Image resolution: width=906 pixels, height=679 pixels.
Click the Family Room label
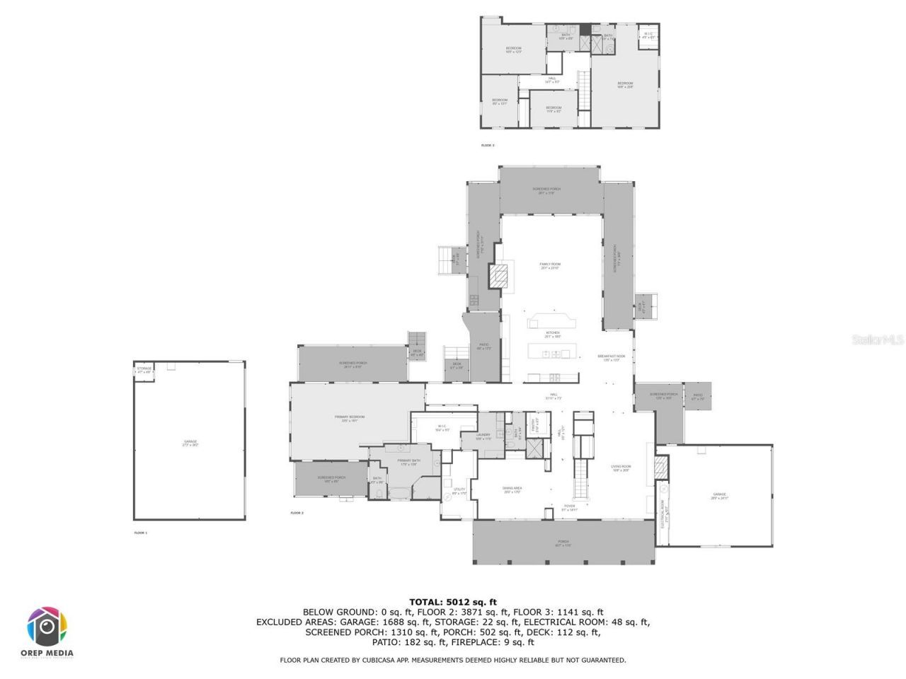(550, 265)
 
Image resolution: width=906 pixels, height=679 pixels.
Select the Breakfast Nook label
(611, 357)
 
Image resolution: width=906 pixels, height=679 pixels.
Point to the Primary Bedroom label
(350, 418)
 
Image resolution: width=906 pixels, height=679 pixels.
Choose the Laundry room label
(483, 436)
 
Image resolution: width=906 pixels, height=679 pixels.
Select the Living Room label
(621, 468)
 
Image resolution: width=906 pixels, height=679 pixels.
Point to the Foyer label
(569, 507)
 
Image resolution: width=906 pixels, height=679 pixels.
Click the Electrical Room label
(663, 513)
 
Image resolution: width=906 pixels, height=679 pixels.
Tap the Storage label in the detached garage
(144, 370)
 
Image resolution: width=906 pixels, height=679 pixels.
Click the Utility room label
(459, 491)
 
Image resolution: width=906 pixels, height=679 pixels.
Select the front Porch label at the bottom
(563, 543)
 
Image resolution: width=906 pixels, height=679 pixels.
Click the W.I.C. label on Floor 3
(648, 35)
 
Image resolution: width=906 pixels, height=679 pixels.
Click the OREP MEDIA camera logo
(48, 625)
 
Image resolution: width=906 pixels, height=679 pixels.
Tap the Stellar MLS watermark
(878, 339)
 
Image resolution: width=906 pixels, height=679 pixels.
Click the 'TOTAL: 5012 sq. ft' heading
(453, 602)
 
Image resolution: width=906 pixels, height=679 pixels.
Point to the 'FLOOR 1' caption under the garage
(141, 532)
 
